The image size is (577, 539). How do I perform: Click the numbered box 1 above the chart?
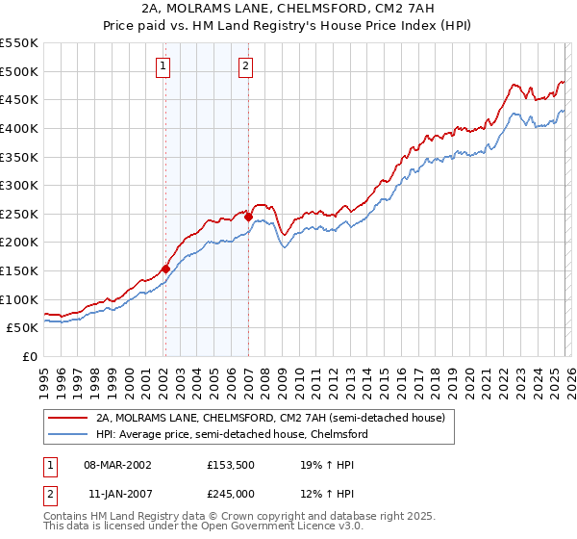coord(163,66)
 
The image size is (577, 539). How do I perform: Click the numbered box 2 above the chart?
coord(246,66)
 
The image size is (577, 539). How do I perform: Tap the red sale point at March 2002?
coord(165,269)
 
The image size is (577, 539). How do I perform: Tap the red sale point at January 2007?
coord(248,217)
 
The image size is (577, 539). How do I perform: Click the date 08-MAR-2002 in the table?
coord(118,464)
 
